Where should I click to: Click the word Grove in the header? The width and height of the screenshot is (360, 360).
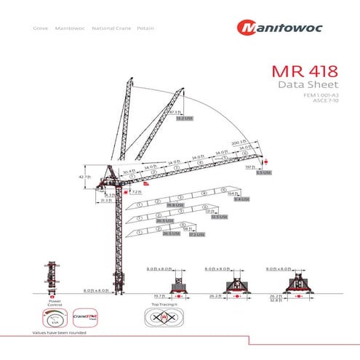[x=41, y=28]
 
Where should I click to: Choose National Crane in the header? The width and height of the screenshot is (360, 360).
[x=111, y=28]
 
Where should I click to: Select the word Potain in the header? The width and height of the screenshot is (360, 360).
[x=145, y=28]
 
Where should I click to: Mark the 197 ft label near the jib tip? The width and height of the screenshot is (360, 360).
[x=249, y=167]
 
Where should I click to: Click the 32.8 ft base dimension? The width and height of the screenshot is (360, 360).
[x=296, y=300]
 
